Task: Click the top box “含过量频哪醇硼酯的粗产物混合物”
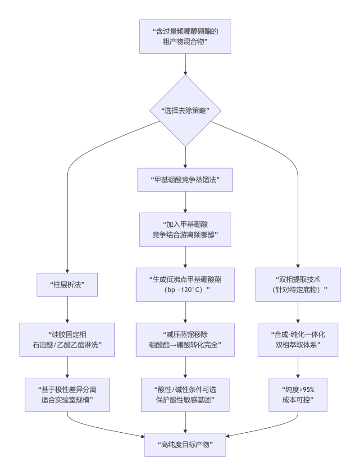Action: pos(185,37)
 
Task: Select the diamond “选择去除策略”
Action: pos(185,110)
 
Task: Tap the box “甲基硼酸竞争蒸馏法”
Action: pos(185,179)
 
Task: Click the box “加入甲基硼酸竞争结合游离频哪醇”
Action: pos(185,229)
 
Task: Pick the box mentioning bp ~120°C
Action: pos(185,285)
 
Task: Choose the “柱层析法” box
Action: pos(67,284)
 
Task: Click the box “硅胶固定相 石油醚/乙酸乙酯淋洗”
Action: pos(67,339)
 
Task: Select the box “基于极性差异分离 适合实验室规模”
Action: pos(67,394)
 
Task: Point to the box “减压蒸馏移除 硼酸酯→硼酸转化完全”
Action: pos(185,339)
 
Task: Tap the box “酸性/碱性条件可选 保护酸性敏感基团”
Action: pos(185,394)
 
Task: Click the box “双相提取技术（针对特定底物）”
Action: pos(298,284)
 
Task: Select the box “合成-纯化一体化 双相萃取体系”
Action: pos(298,339)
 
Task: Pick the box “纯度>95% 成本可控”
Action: pos(298,394)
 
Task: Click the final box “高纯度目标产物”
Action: pos(185,444)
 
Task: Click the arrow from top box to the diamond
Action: pos(185,64)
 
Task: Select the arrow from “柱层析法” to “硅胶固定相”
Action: pos(67,309)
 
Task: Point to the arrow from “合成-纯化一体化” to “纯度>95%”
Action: pos(298,367)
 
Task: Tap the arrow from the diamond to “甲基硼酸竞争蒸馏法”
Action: pos(185,157)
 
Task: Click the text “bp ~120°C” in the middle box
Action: pos(185,290)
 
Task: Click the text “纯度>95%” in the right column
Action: pos(298,389)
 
